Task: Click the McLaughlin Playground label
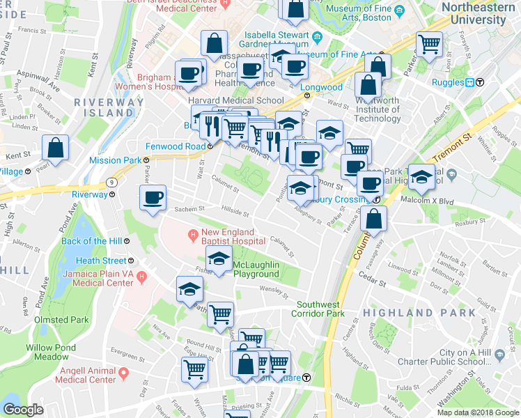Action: click(x=256, y=269)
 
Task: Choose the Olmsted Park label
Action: click(x=61, y=320)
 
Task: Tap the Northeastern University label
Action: click(x=477, y=14)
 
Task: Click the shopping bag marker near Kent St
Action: click(x=55, y=148)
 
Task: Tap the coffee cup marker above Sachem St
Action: click(x=153, y=197)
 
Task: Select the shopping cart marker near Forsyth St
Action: click(x=429, y=45)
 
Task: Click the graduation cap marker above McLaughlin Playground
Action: click(x=219, y=260)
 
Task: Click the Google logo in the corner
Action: click(x=23, y=410)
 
